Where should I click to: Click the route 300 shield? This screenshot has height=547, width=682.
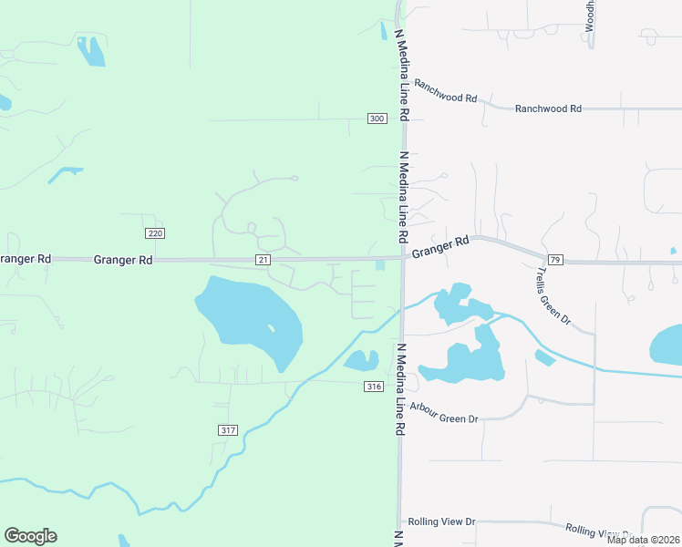click(x=377, y=119)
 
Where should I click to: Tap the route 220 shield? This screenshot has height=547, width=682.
click(x=155, y=233)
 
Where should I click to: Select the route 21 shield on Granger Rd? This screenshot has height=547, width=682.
click(x=263, y=260)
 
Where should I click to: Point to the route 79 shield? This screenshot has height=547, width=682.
click(x=556, y=261)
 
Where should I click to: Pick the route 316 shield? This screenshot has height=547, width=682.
click(x=372, y=387)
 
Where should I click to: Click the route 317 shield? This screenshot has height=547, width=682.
click(x=228, y=429)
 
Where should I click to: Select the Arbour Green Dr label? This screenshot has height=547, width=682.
click(x=444, y=413)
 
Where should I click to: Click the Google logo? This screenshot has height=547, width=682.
click(x=30, y=536)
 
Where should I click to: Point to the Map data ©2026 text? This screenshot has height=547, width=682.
click(x=642, y=540)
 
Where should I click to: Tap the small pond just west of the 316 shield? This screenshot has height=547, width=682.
click(x=361, y=360)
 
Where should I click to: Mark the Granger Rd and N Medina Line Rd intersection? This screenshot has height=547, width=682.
click(x=402, y=258)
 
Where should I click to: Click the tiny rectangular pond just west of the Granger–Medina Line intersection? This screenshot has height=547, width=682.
click(x=379, y=266)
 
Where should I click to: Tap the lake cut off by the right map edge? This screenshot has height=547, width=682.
click(x=666, y=346)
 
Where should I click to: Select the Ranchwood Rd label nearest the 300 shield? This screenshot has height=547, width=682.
click(x=446, y=92)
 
